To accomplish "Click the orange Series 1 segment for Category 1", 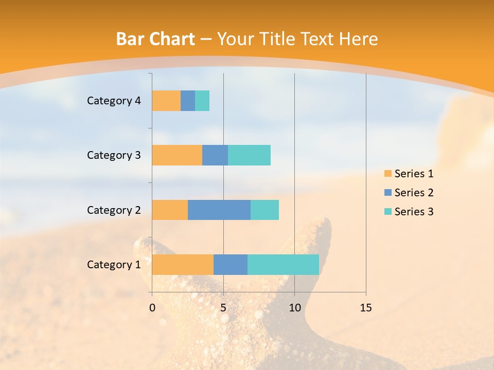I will pyautogui.click(x=183, y=265).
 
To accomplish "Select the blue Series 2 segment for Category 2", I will pyautogui.click(x=219, y=210).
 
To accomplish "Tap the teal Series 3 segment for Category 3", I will pyautogui.click(x=249, y=155).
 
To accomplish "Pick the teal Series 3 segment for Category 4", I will pyautogui.click(x=202, y=101).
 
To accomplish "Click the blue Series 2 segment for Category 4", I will pyautogui.click(x=188, y=101).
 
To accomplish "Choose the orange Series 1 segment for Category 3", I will pyautogui.click(x=177, y=155).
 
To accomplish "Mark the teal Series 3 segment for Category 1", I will pyautogui.click(x=283, y=265).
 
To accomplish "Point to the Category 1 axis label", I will pyautogui.click(x=114, y=265).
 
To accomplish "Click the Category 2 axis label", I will pyautogui.click(x=114, y=210).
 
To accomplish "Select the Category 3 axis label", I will pyautogui.click(x=114, y=155).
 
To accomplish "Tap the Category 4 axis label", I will pyautogui.click(x=114, y=101).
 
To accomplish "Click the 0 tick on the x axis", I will pyautogui.click(x=152, y=308).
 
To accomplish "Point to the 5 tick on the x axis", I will pyautogui.click(x=223, y=308).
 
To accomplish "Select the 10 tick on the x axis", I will pyautogui.click(x=294, y=308).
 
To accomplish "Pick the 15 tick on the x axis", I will pyautogui.click(x=366, y=308).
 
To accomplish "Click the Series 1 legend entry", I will pyautogui.click(x=409, y=174).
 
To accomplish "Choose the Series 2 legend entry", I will pyautogui.click(x=409, y=193).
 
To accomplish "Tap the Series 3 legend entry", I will pyautogui.click(x=409, y=212).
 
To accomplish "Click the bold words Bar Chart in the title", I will pyautogui.click(x=155, y=39).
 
